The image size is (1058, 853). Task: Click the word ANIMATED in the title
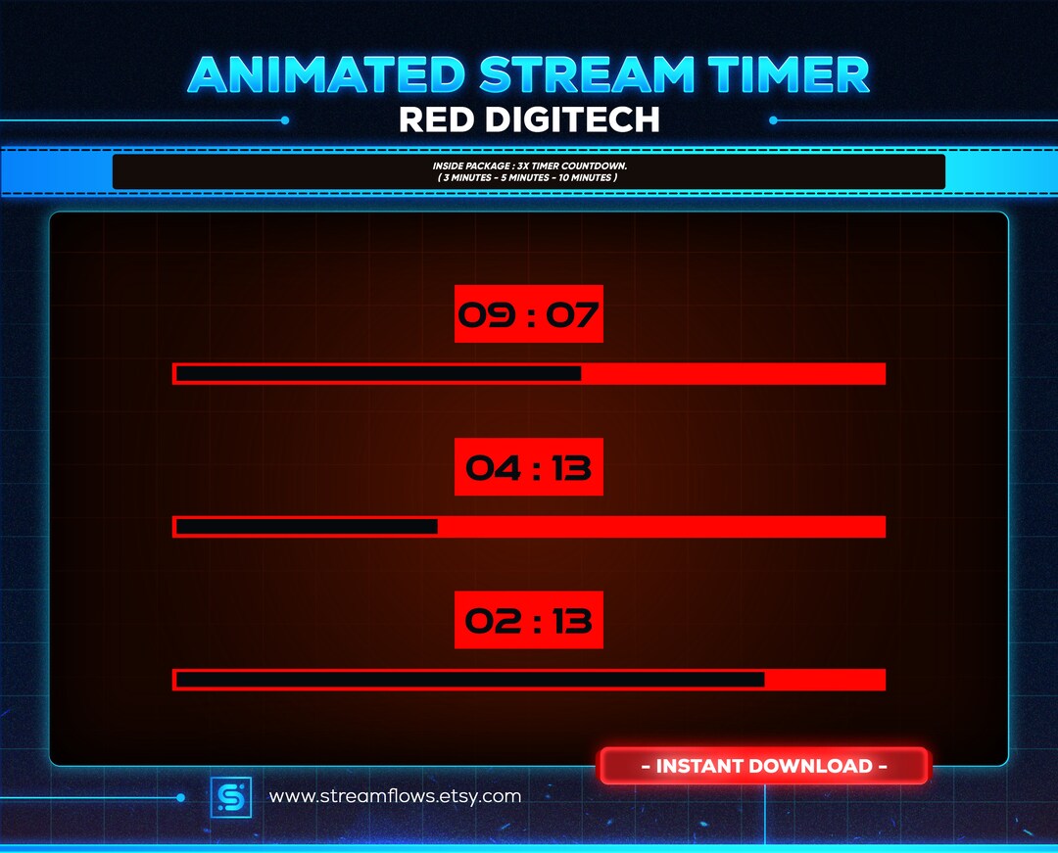[x=325, y=75]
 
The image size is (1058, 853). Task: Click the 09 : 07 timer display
[x=528, y=314]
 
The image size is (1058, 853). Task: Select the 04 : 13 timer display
[x=528, y=467]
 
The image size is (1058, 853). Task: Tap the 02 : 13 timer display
[x=528, y=620]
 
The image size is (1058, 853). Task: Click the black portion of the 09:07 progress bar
[x=378, y=374]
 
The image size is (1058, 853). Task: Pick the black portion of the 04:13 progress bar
[x=307, y=527]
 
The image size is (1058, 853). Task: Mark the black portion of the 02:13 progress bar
[x=470, y=680]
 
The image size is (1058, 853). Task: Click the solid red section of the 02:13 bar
[x=825, y=680]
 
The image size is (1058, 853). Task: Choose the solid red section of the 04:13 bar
[x=661, y=527]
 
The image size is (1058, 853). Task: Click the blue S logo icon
[x=231, y=797]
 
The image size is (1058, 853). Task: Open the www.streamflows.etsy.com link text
[x=395, y=796]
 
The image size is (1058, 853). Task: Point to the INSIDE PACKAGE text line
[x=529, y=166]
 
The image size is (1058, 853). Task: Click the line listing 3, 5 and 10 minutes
[x=529, y=177]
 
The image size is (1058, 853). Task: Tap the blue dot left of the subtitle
[x=285, y=120]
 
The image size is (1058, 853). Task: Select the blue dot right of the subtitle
[x=773, y=120]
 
